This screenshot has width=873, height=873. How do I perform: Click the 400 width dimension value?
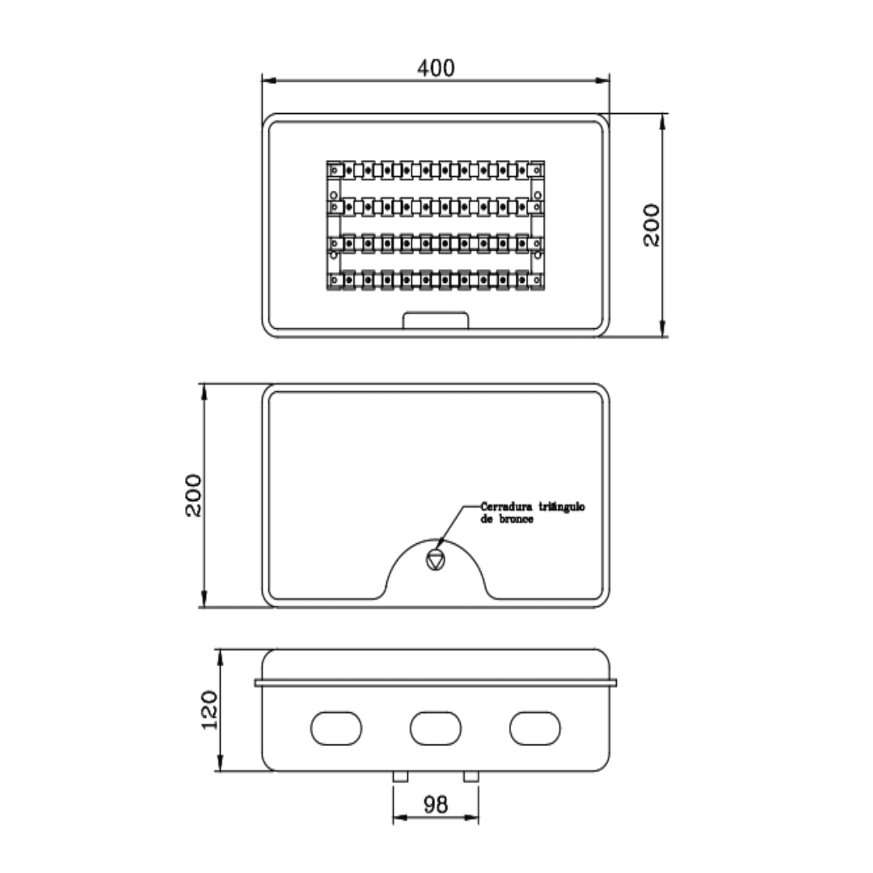tap(436, 68)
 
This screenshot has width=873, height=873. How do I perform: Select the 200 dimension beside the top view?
tap(652, 225)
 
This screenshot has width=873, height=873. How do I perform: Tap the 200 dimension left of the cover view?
tap(194, 495)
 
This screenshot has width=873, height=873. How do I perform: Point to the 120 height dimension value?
tap(210, 710)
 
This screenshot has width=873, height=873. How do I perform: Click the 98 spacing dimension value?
tap(435, 804)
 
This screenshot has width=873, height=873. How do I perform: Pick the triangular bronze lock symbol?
tap(435, 559)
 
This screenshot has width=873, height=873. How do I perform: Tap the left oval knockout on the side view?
tap(335, 728)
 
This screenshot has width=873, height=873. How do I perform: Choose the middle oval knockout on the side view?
tap(435, 728)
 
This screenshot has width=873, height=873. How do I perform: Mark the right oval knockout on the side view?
tap(534, 728)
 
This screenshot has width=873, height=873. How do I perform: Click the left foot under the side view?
tap(400, 776)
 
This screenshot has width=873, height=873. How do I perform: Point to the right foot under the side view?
tap(470, 776)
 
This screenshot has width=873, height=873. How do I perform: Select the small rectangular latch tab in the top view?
tap(436, 320)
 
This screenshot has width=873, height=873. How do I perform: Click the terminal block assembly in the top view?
tap(435, 225)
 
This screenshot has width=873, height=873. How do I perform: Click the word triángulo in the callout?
tap(561, 507)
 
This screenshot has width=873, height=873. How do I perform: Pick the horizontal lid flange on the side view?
tap(435, 683)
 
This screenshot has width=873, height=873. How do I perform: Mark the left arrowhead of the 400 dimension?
tap(268, 81)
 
